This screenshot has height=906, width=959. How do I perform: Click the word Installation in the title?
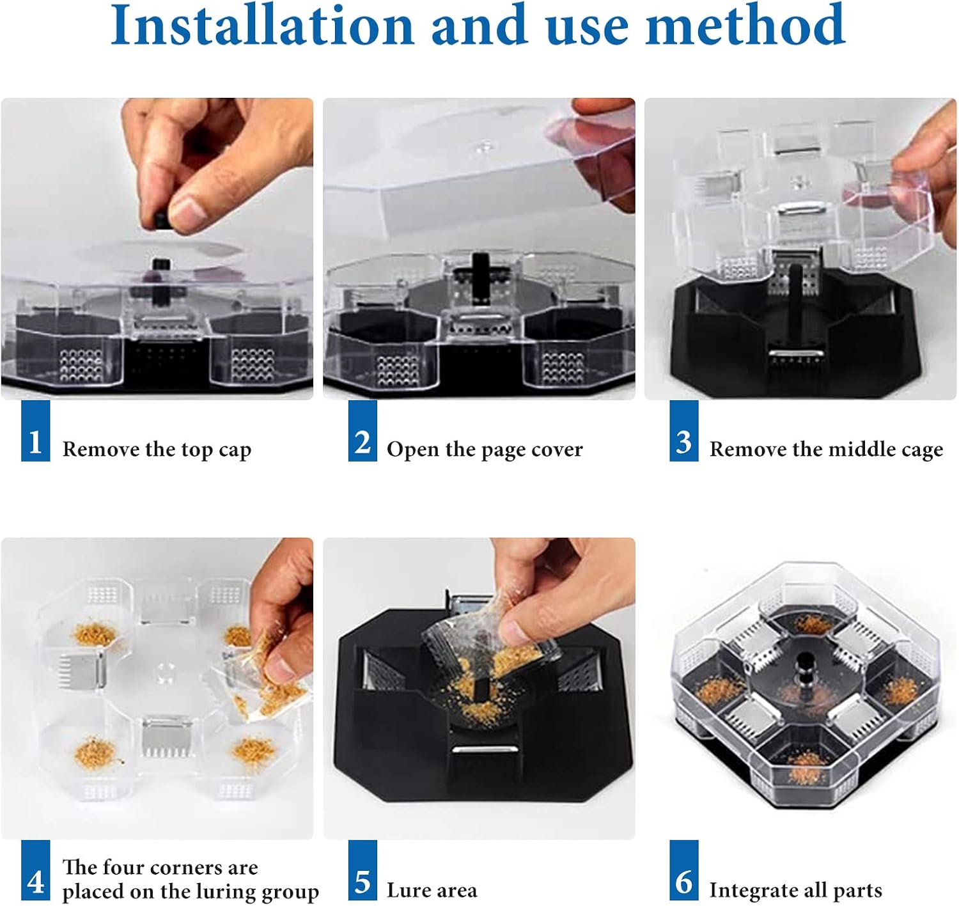click(x=262, y=25)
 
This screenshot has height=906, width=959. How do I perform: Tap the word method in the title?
click(x=745, y=25)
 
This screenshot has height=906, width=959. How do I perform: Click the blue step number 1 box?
click(x=35, y=431)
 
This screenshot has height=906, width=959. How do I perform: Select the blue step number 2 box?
click(x=362, y=431)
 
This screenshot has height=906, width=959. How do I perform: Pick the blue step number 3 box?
click(x=683, y=431)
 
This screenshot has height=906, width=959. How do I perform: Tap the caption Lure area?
click(x=432, y=890)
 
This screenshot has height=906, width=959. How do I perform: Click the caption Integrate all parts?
click(x=796, y=890)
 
